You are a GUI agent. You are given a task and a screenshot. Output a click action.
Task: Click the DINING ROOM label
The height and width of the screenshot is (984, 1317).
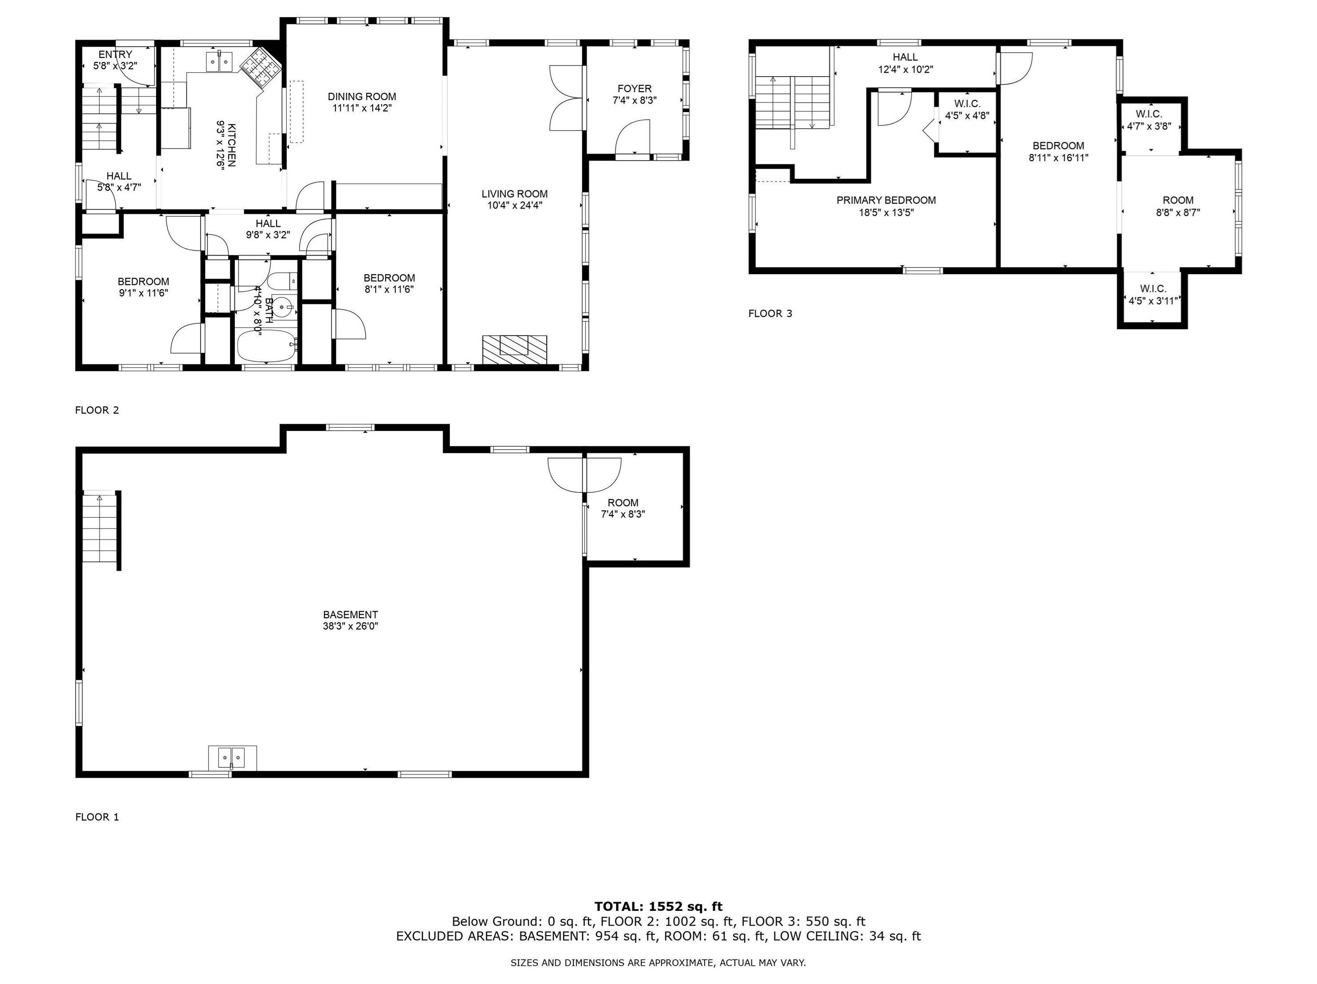[x=362, y=97]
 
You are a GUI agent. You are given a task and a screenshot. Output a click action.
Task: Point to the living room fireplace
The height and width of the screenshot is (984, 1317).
[x=514, y=350]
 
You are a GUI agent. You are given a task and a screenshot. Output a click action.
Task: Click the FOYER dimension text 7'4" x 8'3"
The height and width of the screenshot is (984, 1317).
[x=634, y=101]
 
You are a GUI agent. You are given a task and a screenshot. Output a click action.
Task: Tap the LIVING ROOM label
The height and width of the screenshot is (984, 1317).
[x=514, y=194]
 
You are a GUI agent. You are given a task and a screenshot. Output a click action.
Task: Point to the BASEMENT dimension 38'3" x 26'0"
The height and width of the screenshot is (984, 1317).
[x=350, y=626]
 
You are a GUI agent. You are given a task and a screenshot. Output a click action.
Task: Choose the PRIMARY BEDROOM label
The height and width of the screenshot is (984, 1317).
[x=886, y=201]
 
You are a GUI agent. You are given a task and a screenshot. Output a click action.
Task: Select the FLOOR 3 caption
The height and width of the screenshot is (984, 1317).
[x=770, y=314]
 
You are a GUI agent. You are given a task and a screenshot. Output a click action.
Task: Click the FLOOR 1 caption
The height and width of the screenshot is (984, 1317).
[x=97, y=817]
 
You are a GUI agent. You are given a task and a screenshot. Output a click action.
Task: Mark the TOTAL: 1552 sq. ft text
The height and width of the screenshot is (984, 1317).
[x=658, y=907]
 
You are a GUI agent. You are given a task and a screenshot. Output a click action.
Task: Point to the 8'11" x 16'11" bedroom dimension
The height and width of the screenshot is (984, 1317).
[x=1058, y=158]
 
